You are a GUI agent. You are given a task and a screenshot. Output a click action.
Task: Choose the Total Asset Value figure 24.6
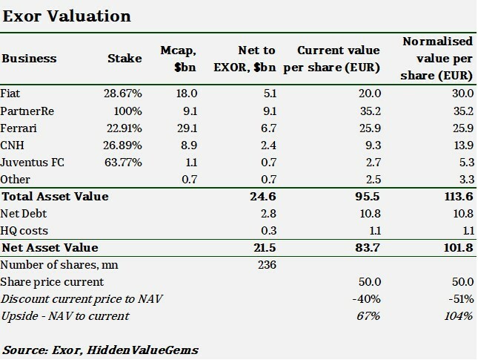tap(262, 197)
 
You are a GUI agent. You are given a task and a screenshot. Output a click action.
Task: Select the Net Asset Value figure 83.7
tap(368, 247)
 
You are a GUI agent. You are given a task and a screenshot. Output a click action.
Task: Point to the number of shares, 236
tap(265, 265)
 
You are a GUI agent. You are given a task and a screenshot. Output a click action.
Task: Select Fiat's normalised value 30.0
tap(461, 93)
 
